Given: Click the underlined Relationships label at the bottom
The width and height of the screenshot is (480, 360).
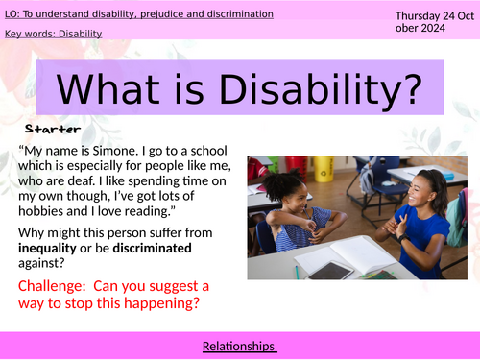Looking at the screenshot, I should (239, 346).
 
